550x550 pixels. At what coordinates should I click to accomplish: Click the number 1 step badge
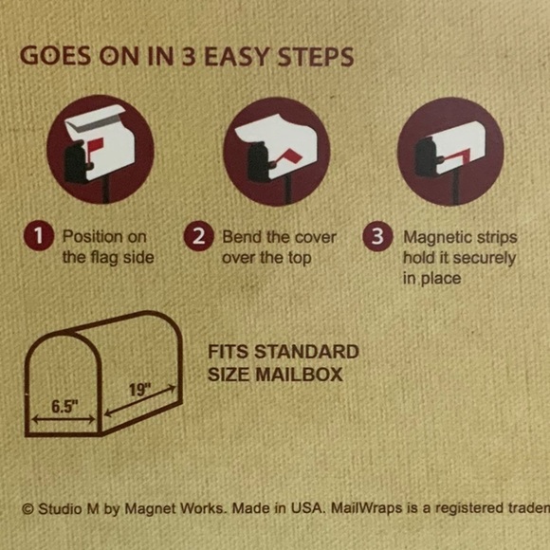(39, 235)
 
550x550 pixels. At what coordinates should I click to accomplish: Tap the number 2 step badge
(198, 236)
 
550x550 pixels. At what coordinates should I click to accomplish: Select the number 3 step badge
(377, 236)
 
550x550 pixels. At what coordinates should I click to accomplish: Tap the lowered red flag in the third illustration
(456, 156)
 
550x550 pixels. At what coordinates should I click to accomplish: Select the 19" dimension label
(139, 390)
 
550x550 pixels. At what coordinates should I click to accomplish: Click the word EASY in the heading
(237, 57)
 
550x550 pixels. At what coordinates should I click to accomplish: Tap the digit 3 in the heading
(189, 57)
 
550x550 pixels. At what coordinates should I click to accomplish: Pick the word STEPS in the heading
(316, 57)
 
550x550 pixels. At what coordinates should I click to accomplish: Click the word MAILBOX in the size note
(299, 375)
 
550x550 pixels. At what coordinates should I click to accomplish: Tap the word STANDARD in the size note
(306, 352)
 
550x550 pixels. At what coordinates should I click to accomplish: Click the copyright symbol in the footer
(27, 509)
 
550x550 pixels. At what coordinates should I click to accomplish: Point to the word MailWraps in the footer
(367, 508)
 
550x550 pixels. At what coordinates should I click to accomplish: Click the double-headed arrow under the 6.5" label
(64, 419)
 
